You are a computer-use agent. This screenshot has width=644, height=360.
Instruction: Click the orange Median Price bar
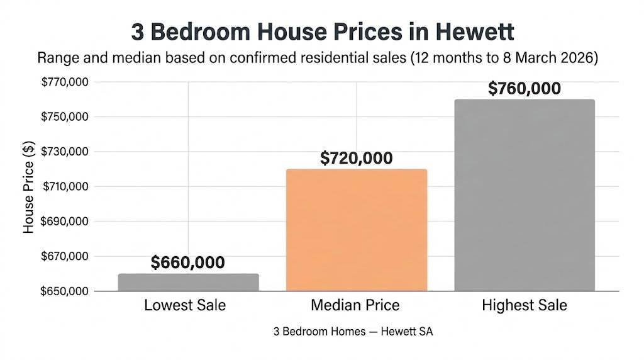(356, 230)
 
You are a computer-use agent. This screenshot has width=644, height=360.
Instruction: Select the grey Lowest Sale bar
(188, 282)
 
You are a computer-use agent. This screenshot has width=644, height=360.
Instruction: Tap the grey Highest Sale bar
(525, 195)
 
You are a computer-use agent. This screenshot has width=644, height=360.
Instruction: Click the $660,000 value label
(187, 262)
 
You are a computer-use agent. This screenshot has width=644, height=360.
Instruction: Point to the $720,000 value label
(356, 158)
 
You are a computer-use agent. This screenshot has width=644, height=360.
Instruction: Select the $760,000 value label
(525, 89)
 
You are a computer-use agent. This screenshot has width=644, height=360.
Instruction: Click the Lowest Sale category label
(185, 306)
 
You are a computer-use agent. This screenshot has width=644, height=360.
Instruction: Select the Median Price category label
(355, 306)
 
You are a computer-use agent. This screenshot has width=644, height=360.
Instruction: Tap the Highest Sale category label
(525, 306)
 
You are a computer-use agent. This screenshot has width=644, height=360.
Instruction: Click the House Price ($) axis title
(28, 187)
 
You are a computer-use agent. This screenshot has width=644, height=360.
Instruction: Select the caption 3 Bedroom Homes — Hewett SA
(353, 332)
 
